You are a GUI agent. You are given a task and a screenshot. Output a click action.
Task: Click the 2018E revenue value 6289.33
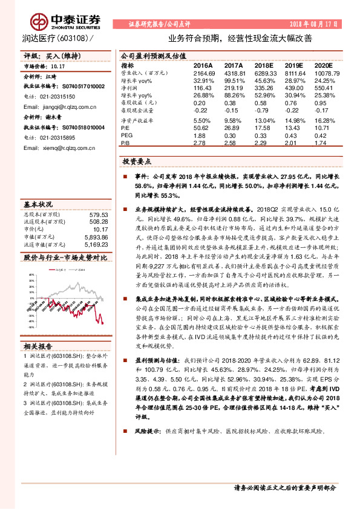coord(264,72)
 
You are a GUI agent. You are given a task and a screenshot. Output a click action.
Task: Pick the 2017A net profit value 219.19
coord(234,88)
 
